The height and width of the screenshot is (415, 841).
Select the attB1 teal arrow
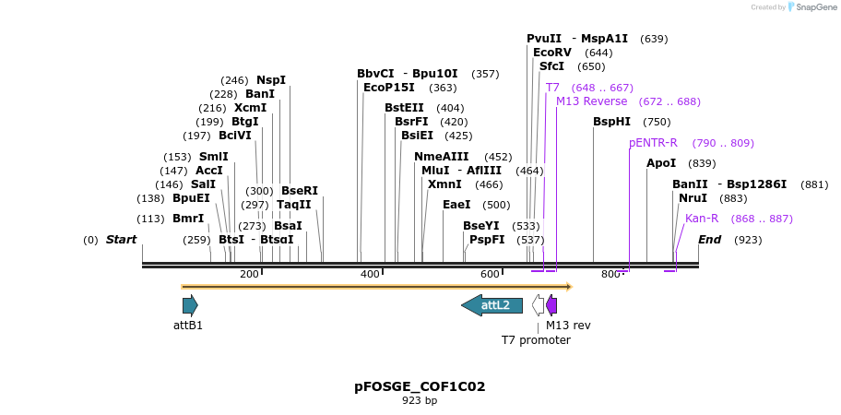(x=190, y=305)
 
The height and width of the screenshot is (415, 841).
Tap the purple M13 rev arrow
(x=551, y=305)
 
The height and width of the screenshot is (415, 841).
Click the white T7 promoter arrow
(x=539, y=305)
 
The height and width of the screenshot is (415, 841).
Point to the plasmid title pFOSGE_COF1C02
(x=420, y=386)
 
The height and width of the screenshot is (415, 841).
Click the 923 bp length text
(x=420, y=400)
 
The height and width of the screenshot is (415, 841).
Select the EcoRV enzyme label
(x=552, y=53)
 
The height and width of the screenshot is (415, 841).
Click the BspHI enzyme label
(x=612, y=122)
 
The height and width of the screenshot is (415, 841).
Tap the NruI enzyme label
(x=693, y=198)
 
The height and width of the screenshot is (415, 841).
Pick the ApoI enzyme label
(x=661, y=163)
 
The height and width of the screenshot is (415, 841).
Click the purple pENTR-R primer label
(x=653, y=143)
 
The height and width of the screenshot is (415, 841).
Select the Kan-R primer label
(x=702, y=219)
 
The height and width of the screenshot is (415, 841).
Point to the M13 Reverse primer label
(x=591, y=101)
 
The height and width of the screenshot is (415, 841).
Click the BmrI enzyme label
(x=188, y=219)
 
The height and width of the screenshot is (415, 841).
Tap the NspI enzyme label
(x=271, y=80)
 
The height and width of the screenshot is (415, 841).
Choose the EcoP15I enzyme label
(x=389, y=88)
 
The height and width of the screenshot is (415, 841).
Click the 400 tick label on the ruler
(x=370, y=274)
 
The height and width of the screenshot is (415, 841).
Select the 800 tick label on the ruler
(x=610, y=274)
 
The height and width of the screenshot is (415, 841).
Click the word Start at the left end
(x=121, y=240)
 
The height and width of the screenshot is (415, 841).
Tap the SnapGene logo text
(x=815, y=7)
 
